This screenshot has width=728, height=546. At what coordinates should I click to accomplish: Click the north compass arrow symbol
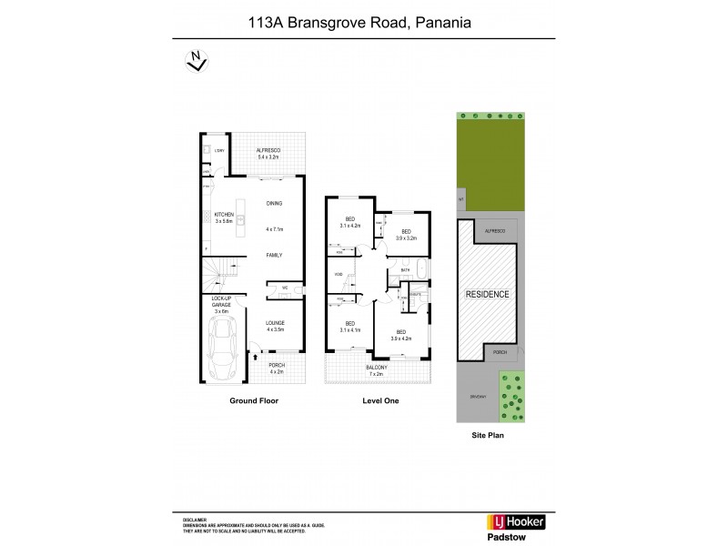pos(193,60)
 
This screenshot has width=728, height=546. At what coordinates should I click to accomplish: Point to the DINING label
pos(273,203)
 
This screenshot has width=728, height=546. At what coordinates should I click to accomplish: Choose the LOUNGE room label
pos(275,323)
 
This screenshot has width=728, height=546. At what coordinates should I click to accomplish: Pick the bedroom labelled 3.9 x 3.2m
pos(406,234)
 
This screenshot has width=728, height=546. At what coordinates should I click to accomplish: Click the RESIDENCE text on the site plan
pos(488,295)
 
